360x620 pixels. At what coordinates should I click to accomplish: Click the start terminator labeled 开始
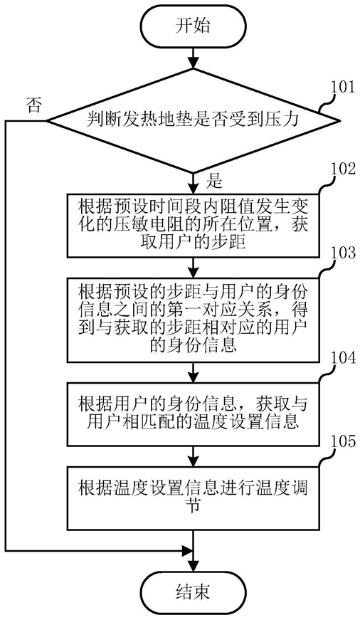click(193, 27)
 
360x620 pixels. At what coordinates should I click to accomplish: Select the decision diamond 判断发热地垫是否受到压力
click(193, 120)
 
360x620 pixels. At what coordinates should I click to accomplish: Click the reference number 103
click(343, 253)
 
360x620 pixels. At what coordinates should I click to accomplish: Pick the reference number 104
click(343, 358)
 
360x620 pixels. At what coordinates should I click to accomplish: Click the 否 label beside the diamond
click(33, 106)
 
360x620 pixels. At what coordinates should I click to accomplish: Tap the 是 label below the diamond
click(216, 182)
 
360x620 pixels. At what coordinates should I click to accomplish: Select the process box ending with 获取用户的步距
click(193, 224)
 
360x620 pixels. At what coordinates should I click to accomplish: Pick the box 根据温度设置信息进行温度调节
click(193, 498)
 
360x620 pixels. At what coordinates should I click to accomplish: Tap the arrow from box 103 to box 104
click(193, 372)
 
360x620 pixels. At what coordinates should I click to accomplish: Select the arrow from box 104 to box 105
click(193, 456)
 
